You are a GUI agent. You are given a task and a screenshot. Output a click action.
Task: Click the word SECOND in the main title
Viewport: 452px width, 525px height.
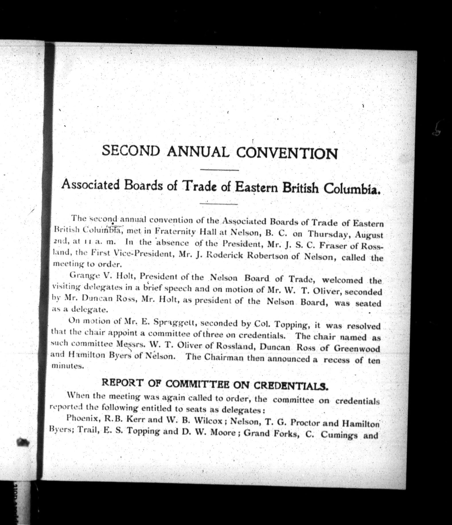tap(131, 150)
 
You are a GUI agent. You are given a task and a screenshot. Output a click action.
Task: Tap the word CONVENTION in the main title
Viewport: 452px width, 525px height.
tap(287, 153)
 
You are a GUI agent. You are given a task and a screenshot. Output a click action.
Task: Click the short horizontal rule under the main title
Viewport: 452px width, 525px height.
tap(220, 170)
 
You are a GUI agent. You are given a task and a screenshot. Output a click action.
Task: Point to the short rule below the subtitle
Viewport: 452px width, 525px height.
tap(219, 204)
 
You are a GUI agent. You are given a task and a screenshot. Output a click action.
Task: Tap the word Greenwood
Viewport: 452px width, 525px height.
tap(357, 348)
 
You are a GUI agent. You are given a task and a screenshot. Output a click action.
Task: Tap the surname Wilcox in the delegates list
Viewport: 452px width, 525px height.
tap(209, 421)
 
